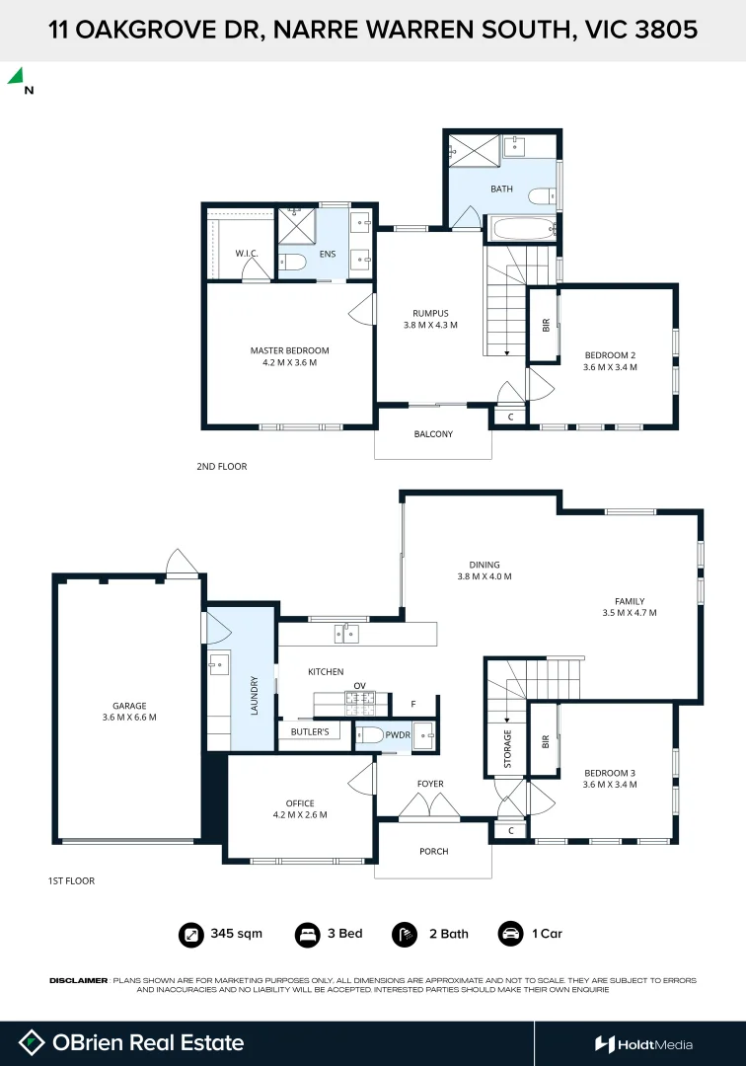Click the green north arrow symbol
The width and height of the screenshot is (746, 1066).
[17, 76]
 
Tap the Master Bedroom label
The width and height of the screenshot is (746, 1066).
[289, 350]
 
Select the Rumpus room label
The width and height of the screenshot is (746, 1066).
[430, 314]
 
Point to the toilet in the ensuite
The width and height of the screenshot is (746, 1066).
[292, 261]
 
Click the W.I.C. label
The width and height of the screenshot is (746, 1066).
[247, 254]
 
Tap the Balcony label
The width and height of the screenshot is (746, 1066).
[433, 433]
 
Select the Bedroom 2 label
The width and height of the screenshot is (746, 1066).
[610, 355]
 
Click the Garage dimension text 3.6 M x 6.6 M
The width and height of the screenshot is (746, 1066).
[129, 718]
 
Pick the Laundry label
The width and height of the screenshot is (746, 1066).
[255, 696]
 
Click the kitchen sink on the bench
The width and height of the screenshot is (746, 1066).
[346, 635]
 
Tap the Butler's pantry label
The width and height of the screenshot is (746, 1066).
[310, 731]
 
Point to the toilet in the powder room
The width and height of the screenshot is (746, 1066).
[370, 735]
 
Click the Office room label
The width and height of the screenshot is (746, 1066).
[300, 802]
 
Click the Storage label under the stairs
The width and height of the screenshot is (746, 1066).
[507, 748]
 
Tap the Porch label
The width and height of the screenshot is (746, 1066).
[434, 851]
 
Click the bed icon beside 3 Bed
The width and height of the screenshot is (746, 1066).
[307, 934]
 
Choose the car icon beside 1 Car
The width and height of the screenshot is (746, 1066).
[510, 934]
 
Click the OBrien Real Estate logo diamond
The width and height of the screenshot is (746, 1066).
[32, 1043]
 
